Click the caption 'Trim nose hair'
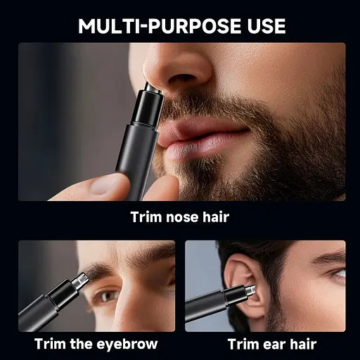180,217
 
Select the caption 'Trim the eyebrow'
96,344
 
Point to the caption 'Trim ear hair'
272,344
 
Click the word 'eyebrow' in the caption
127,344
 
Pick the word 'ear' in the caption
274,345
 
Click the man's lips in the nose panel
202,139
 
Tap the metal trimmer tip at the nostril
153,89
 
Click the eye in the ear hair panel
338,274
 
